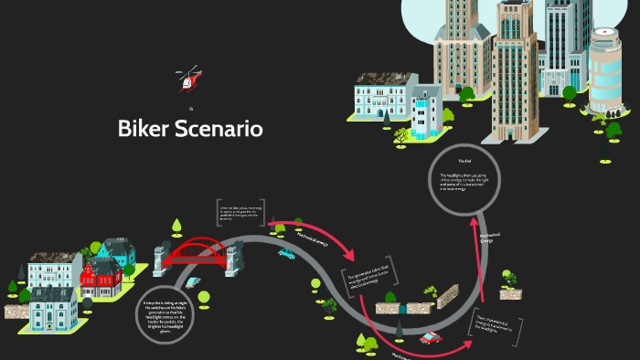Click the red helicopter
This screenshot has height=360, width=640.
[188, 79]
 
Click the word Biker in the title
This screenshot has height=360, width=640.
[145, 129]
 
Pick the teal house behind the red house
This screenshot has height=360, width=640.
[117, 252]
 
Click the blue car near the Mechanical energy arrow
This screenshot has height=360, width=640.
[286, 254]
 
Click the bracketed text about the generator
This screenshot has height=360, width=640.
[372, 278]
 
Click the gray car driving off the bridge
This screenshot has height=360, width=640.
[192, 282]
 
